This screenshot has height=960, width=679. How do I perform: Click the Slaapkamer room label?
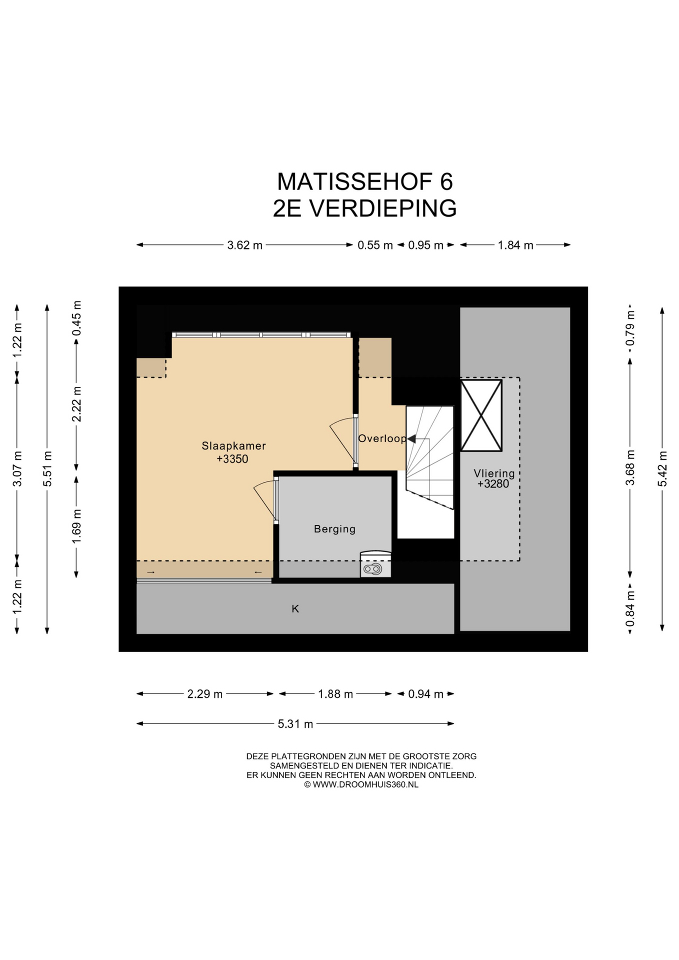tap(233, 445)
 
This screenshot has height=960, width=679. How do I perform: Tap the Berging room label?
tap(334, 529)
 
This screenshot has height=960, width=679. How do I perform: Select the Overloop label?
tap(382, 438)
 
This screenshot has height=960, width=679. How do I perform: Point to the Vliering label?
tap(494, 473)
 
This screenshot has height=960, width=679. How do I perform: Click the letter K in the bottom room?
tap(295, 608)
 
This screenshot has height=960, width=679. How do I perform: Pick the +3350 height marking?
tap(232, 459)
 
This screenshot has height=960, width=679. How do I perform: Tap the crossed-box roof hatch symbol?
tap(481, 415)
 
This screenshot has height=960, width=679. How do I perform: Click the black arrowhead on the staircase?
tap(411, 439)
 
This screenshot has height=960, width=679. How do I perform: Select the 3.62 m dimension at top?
tap(245, 245)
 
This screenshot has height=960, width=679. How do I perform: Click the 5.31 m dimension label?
tap(295, 723)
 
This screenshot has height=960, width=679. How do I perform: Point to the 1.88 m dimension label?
tap(335, 694)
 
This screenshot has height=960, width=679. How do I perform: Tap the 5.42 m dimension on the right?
tap(662, 468)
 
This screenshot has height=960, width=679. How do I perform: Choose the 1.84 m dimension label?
tap(515, 245)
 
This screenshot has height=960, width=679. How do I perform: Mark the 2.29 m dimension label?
tap(205, 694)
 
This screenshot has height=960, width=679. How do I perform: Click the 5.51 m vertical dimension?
tap(47, 468)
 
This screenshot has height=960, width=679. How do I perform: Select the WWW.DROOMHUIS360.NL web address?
tap(365, 784)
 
